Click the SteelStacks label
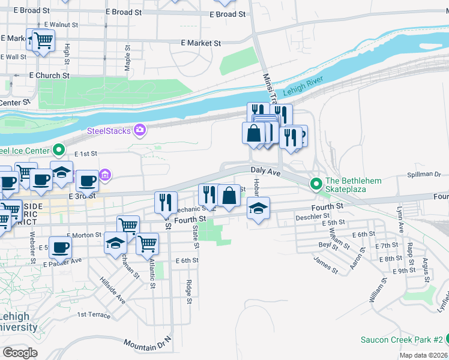coord(109,131)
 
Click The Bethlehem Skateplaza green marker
coord(316,182)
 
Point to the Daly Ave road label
coord(266,172)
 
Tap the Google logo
coord(20,352)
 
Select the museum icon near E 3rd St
coord(106,175)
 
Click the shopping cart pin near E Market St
coord(42,41)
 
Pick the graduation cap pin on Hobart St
coord(259,208)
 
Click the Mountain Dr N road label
coord(148,344)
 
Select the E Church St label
coord(49,76)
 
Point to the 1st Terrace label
coord(94,314)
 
